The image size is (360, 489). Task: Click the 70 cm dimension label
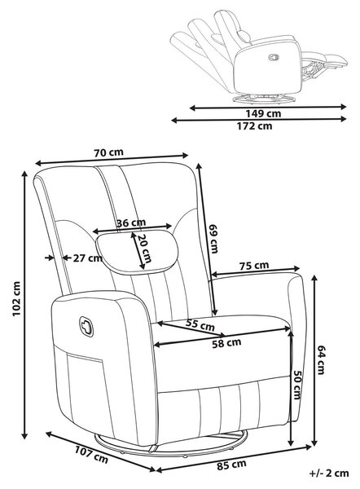pyautogui.click(x=108, y=152)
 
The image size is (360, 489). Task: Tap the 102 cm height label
pyautogui.click(x=16, y=298)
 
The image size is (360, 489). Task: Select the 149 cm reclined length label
pyautogui.click(x=263, y=113)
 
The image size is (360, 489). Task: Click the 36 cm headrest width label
pyautogui.click(x=131, y=223)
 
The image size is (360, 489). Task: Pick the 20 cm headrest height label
pyautogui.click(x=144, y=249)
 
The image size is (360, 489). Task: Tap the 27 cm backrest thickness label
pyautogui.click(x=88, y=258)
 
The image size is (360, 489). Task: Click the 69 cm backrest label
pyautogui.click(x=214, y=239)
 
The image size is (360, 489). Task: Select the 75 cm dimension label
pyautogui.click(x=254, y=266)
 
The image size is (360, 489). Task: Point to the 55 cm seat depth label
pyautogui.click(x=200, y=325)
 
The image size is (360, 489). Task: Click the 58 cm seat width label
pyautogui.click(x=226, y=343)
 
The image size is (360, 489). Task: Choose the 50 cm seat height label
pyautogui.click(x=296, y=385)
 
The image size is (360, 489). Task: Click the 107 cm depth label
pyautogui.click(x=91, y=455)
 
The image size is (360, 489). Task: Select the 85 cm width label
pyautogui.click(x=231, y=465)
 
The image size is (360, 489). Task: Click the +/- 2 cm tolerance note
pyautogui.click(x=329, y=473)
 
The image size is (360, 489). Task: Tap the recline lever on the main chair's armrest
pyautogui.click(x=86, y=327)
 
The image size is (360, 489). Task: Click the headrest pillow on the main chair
pyautogui.click(x=137, y=252)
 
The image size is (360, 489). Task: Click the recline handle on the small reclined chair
pyautogui.click(x=274, y=57)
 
